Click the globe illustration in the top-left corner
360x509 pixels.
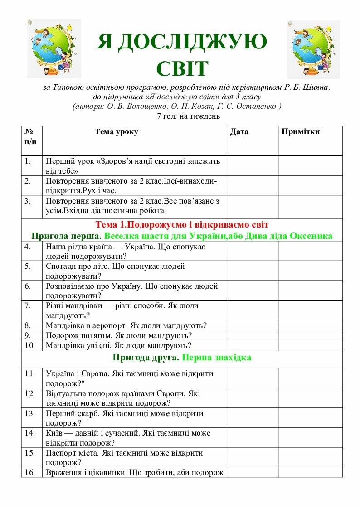(x=54, y=48)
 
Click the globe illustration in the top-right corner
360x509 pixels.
(x=313, y=49)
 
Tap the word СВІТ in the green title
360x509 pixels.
(x=182, y=68)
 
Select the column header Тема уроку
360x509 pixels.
(x=117, y=132)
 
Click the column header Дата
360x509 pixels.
(x=239, y=132)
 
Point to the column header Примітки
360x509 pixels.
(x=301, y=132)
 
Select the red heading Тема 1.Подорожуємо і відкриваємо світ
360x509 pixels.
(x=182, y=225)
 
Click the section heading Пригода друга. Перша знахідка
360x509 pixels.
(x=182, y=358)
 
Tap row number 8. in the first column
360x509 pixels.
(x=28, y=325)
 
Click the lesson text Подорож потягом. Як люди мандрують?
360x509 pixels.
(x=119, y=335)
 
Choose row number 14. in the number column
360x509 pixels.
(x=30, y=433)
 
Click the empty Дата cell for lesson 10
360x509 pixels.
(x=252, y=345)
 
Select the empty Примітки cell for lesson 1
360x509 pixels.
(x=310, y=165)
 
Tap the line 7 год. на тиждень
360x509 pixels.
(x=188, y=116)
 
